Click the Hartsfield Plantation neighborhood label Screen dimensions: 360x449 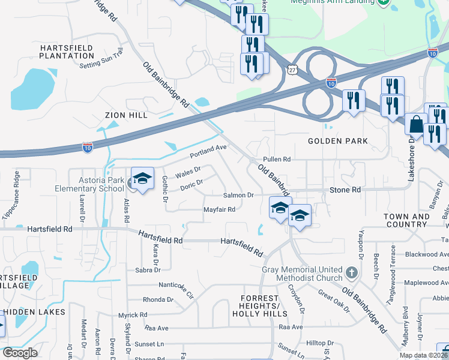(x=67, y=51)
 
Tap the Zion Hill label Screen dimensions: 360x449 (x=125, y=115)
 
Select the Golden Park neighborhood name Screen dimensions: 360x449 (x=337, y=141)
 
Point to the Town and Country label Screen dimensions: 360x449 (x=406, y=220)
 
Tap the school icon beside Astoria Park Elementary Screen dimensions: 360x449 (x=142, y=179)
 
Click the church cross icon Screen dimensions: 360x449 (x=352, y=274)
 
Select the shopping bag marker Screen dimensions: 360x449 (x=415, y=124)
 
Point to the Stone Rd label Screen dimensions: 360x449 (x=345, y=190)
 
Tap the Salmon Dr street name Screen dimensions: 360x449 (x=238, y=195)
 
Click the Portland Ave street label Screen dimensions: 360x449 (x=208, y=151)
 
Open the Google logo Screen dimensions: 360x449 (x=20, y=353)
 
